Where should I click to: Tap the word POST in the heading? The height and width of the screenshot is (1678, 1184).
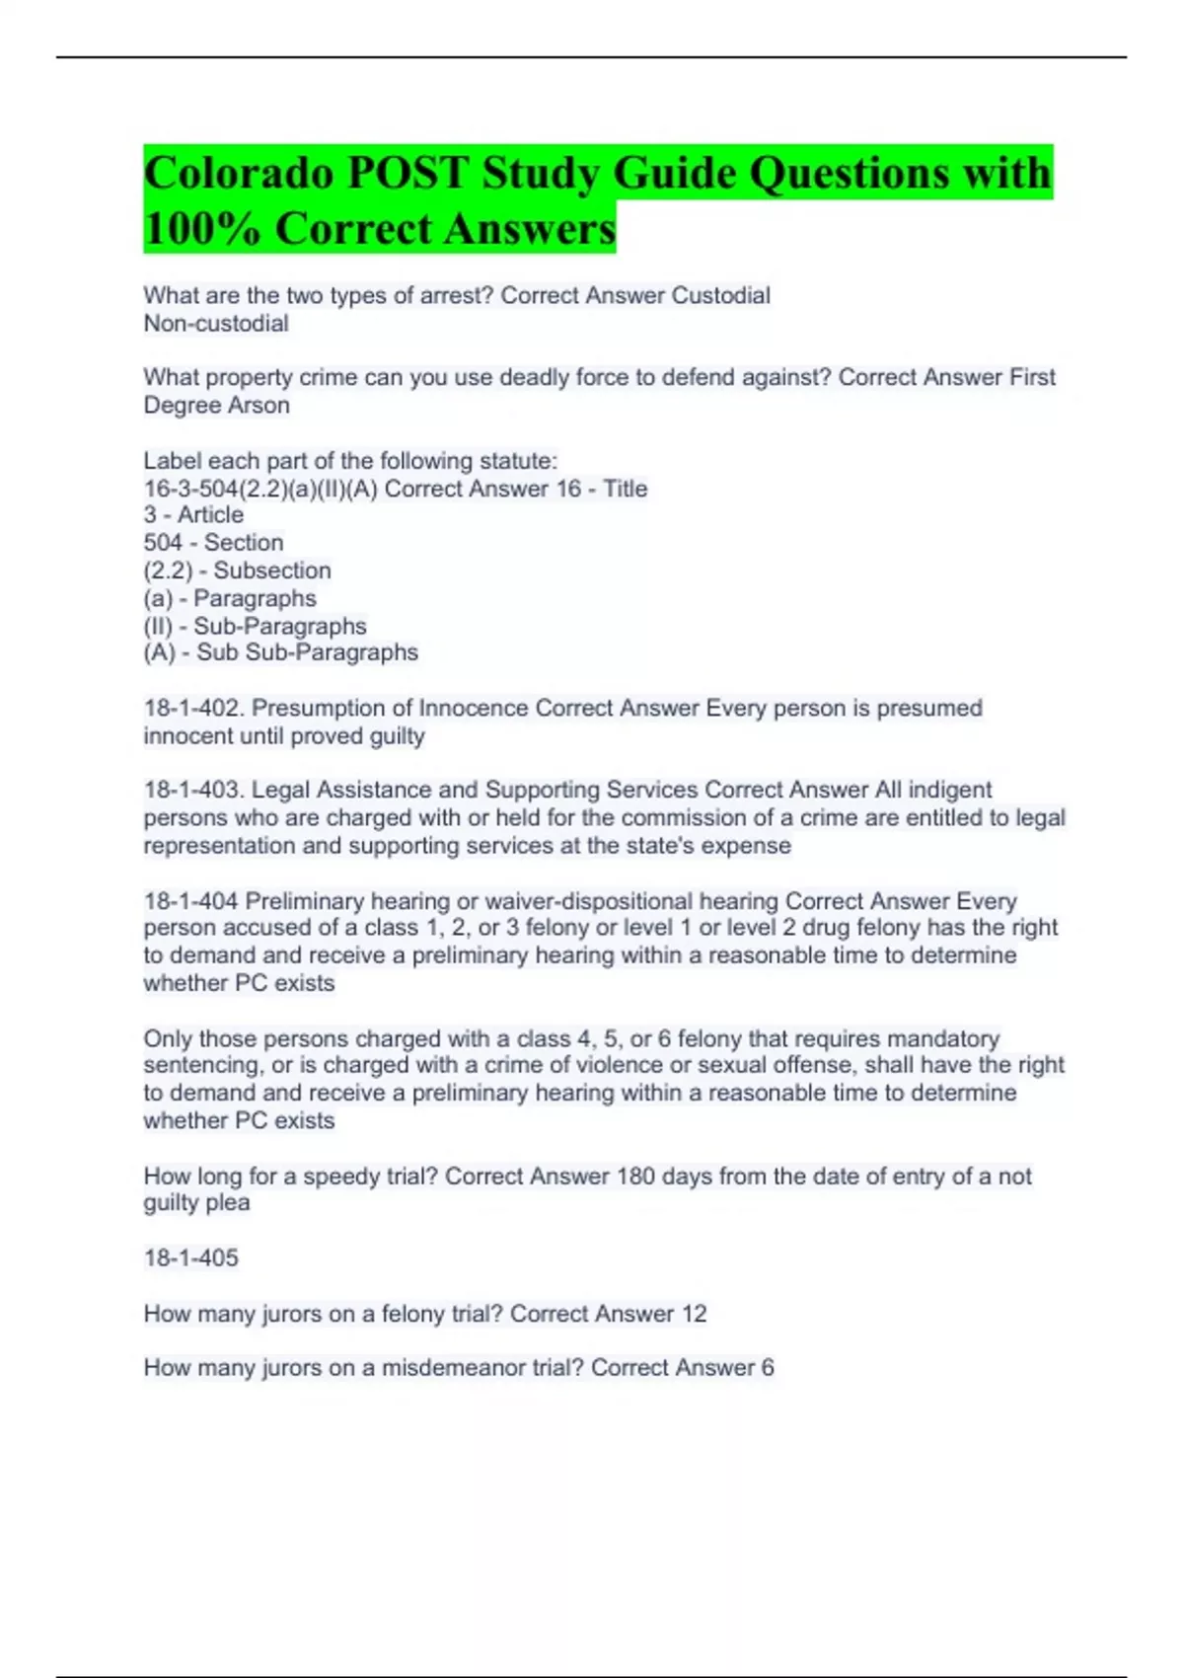tap(407, 173)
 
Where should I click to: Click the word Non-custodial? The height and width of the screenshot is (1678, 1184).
tap(216, 324)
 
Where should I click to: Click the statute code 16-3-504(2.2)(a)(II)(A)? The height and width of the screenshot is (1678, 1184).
tap(260, 489)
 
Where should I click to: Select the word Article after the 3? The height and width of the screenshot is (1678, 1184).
tap(210, 515)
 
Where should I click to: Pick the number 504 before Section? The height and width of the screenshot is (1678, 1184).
tap(163, 543)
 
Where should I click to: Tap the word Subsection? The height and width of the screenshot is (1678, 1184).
tap(272, 571)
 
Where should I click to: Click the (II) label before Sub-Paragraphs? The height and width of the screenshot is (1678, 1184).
tap(158, 627)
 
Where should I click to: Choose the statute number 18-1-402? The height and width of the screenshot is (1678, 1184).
tap(193, 709)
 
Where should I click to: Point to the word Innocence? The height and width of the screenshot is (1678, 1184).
tap(474, 709)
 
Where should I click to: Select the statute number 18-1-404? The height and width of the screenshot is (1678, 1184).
tap(190, 901)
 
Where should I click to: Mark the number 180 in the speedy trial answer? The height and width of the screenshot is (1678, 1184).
tap(635, 1177)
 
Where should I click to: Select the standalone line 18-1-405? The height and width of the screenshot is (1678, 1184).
tap(190, 1258)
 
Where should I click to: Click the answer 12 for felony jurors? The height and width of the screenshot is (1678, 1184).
tap(694, 1314)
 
